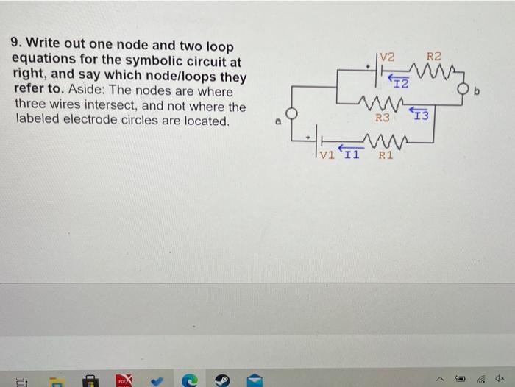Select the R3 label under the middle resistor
point(382,117)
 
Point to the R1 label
point(386,155)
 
